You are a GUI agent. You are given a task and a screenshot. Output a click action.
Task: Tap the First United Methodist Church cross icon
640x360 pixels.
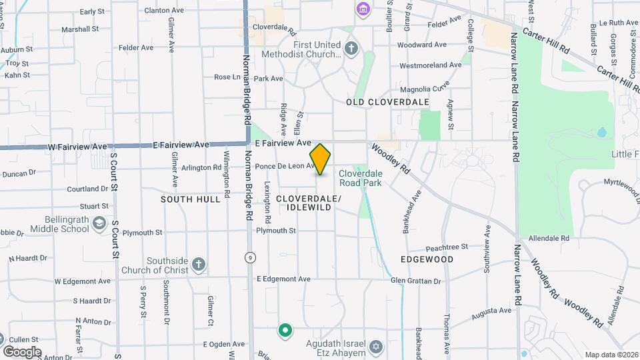tap(351, 48)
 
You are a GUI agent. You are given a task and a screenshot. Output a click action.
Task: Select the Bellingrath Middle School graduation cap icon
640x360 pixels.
tap(99, 223)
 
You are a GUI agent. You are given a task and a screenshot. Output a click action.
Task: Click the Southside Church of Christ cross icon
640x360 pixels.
tap(198, 264)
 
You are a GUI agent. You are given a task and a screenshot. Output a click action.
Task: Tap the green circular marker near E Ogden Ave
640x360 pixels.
tap(285, 330)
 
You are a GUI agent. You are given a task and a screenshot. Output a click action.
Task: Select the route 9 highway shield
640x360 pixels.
tap(249, 257)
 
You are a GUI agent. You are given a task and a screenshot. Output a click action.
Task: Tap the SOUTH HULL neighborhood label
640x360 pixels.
tap(190, 199)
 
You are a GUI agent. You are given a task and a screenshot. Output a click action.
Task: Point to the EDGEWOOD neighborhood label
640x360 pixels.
tap(427, 259)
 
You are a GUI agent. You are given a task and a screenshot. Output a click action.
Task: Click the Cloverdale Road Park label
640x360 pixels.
tap(360, 177)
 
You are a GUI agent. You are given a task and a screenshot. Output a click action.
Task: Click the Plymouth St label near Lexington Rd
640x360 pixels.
tap(276, 231)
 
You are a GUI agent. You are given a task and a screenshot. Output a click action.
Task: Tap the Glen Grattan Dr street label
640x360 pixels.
tap(416, 281)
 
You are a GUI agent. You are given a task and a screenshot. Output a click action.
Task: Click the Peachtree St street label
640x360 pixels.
tap(447, 247)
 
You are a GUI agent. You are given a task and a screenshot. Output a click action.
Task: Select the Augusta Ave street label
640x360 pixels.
tap(491, 311)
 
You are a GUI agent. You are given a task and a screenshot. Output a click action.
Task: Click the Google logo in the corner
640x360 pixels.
tap(22, 351)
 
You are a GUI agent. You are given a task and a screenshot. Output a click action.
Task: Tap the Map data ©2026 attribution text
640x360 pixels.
tap(611, 355)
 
